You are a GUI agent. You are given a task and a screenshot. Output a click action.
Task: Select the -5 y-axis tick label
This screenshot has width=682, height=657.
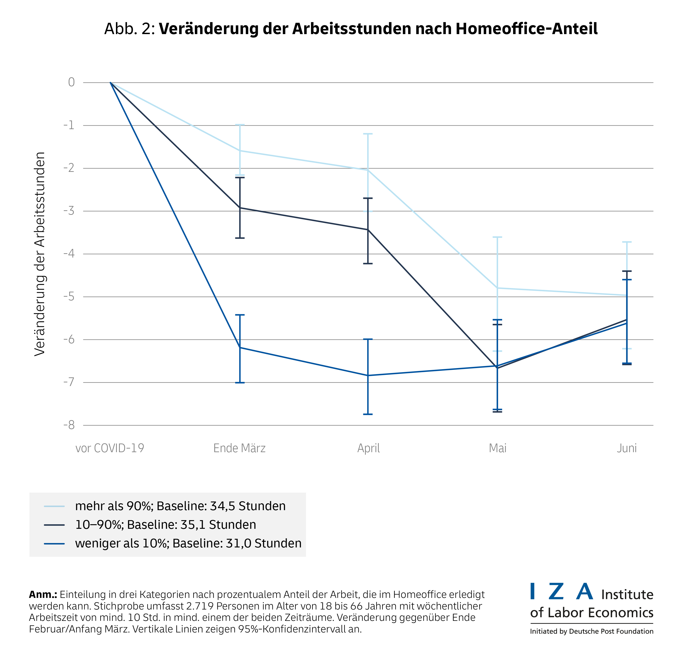coord(69,296)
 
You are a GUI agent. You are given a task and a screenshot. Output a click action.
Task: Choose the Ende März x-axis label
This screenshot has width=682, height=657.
coord(239,448)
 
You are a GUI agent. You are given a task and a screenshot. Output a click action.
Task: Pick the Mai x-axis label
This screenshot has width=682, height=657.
coord(498,448)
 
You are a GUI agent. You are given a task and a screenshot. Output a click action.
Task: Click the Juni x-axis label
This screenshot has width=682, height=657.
coord(627,448)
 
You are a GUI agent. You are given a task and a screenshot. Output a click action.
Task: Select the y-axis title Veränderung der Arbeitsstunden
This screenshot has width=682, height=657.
coord(40,254)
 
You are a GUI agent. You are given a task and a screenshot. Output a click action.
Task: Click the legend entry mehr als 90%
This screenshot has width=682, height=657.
coord(180,506)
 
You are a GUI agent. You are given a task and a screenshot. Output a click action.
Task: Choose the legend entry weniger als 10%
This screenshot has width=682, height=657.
coord(188,543)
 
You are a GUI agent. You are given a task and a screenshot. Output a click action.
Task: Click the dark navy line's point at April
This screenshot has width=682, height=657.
coord(368,230)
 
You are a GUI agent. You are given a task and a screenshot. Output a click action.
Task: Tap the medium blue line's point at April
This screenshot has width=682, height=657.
coord(368,376)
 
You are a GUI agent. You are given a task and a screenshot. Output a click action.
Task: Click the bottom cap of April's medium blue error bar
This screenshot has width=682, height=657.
coord(368,414)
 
